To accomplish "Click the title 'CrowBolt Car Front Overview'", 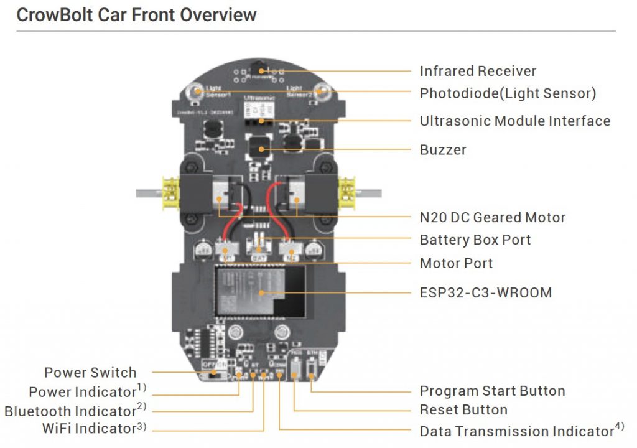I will (136, 15).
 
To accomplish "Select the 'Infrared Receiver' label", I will (478, 71).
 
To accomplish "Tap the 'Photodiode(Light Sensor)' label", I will (508, 93).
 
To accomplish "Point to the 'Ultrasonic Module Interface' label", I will (515, 121).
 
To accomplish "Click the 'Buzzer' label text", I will (443, 150).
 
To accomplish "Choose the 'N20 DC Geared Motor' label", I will (493, 218).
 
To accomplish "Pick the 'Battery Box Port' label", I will (475, 240).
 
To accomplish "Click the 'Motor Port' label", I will (456, 263).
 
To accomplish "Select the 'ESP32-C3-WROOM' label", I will (486, 292).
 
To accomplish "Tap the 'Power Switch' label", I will (90, 373).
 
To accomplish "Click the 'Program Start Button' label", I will (492, 391).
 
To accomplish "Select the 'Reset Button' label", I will (463, 410).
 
